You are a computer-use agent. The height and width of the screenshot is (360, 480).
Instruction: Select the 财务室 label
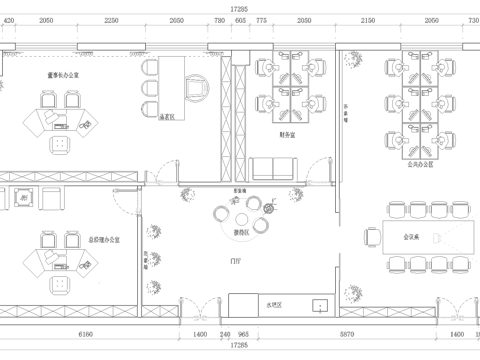[287, 133]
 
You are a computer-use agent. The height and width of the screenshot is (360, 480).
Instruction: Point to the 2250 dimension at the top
[111, 20]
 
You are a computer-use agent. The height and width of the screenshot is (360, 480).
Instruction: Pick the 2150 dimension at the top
[367, 20]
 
